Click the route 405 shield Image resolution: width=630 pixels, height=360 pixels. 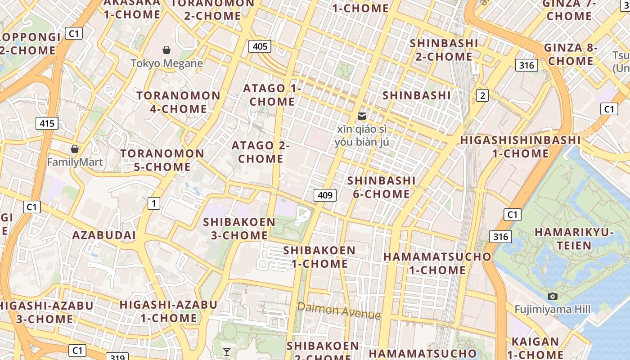[x=260, y=46]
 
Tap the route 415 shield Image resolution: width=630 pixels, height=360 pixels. [x=47, y=123]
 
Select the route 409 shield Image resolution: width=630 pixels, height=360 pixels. [x=325, y=195]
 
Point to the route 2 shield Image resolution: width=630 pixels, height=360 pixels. [x=482, y=95]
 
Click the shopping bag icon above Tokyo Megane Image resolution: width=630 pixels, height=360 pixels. [x=166, y=49]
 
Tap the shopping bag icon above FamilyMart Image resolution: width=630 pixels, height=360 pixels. [x=75, y=148]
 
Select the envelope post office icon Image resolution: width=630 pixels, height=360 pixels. [x=361, y=116]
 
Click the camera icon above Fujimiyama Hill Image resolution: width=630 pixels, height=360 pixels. [x=553, y=296]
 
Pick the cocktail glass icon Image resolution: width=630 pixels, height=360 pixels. [x=227, y=351]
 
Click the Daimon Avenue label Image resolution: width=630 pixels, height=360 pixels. [x=339, y=310]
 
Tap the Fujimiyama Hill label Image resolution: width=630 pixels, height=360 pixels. [x=553, y=309]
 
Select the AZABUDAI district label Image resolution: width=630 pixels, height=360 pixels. [x=104, y=235]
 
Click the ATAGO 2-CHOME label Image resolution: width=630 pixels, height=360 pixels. [x=261, y=152]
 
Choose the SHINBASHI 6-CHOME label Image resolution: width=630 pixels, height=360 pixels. [x=381, y=187]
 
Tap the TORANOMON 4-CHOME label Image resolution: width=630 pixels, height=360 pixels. [x=179, y=102]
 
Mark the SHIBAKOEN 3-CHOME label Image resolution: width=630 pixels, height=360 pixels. [x=239, y=229]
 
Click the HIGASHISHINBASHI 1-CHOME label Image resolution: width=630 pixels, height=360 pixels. [x=520, y=147]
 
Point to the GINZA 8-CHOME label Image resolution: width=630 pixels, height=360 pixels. [x=570, y=54]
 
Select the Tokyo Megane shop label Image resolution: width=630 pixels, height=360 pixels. [x=166, y=63]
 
